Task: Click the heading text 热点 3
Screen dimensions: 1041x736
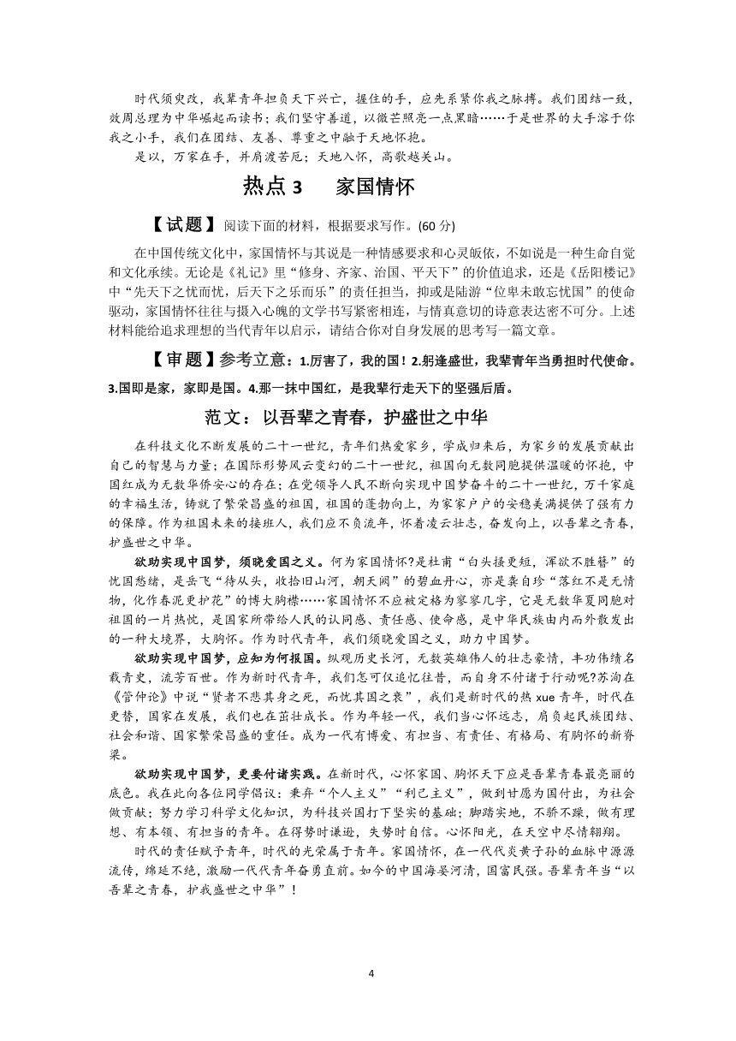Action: tap(273, 186)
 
